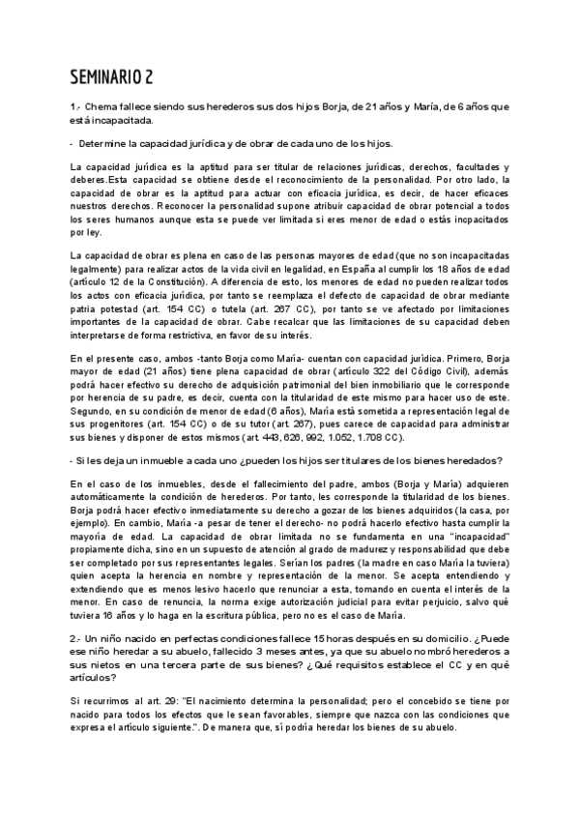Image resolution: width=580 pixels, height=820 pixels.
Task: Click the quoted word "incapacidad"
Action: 490,533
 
